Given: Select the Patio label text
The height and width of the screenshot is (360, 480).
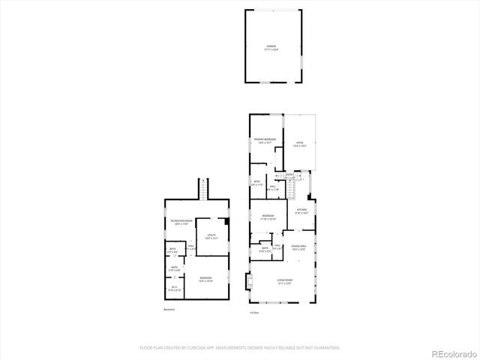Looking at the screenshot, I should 299,143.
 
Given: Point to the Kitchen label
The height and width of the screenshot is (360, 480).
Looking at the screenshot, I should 301,211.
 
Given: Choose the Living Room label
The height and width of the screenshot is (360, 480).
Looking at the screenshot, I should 284,281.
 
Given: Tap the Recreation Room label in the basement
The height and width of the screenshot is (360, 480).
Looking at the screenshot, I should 178,223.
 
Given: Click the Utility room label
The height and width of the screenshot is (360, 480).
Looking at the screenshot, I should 211,236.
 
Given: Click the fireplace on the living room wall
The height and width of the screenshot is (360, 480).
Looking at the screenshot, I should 247,282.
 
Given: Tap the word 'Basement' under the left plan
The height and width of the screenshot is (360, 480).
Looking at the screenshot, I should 170,310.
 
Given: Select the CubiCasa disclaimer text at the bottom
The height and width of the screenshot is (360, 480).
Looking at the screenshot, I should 240,348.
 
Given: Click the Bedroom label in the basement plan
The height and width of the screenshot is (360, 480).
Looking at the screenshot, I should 205,279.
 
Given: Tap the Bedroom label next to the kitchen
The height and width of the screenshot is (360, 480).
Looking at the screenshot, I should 268,217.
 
